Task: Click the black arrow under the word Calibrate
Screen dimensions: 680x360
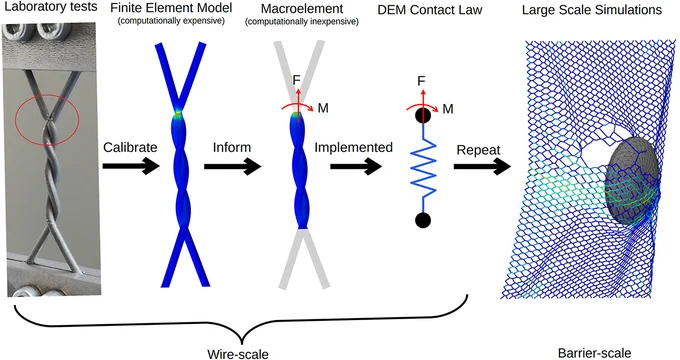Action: pos(131,166)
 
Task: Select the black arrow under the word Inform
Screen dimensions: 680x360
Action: pos(232,166)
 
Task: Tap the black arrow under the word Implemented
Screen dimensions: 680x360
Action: pos(356,166)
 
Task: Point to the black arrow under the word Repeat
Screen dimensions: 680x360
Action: pos(482,166)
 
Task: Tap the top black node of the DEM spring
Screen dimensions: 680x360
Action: pos(423,115)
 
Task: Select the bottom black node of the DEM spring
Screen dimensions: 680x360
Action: pos(423,220)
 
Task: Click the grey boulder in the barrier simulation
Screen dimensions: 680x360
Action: pos(630,181)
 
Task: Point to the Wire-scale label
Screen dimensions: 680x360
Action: pos(238,354)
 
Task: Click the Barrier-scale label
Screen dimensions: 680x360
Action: pos(594,353)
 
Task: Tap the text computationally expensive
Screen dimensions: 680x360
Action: pos(171,20)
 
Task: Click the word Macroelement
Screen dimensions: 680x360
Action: pos(302,8)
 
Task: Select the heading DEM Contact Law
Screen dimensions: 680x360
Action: pos(430,10)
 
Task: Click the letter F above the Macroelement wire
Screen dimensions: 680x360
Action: pos(297,80)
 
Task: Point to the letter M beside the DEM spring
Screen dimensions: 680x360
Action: pos(448,109)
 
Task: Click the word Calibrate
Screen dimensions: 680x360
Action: pos(130,147)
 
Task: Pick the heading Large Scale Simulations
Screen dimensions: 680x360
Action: pos(592,10)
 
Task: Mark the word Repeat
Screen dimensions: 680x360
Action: pos(478,151)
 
